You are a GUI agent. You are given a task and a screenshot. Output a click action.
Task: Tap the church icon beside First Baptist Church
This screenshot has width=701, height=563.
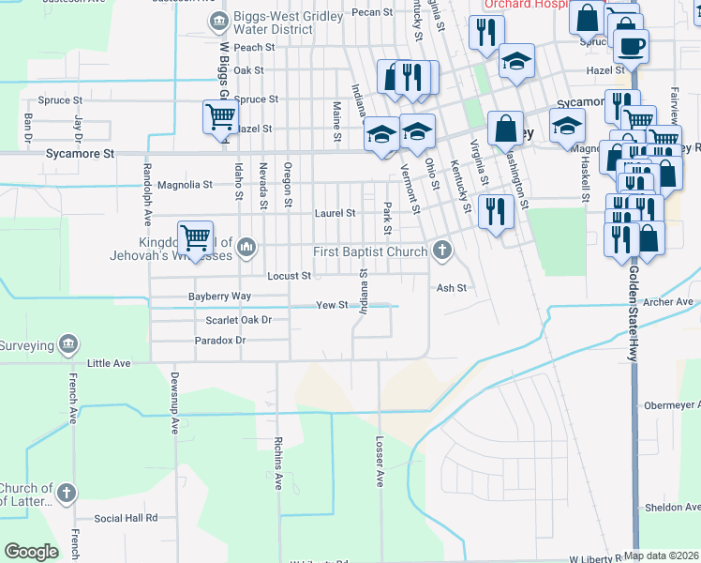pyautogui.click(x=441, y=250)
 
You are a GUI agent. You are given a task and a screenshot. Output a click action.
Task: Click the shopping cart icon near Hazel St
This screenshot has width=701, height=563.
pyautogui.click(x=219, y=118)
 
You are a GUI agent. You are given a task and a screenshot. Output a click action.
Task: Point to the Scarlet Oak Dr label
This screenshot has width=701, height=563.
pyautogui.click(x=238, y=320)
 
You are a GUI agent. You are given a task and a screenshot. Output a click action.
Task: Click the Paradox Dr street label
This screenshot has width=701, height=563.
pyautogui.click(x=219, y=340)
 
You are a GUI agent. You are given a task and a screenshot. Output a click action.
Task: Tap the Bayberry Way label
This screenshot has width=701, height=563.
pyautogui.click(x=219, y=296)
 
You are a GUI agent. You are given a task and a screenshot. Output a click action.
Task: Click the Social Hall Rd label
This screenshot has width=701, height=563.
pyautogui.click(x=126, y=517)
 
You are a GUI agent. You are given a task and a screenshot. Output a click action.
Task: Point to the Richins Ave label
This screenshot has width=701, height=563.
pyautogui.click(x=278, y=464)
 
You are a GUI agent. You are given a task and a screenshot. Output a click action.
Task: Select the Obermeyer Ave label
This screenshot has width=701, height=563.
pyautogui.click(x=672, y=406)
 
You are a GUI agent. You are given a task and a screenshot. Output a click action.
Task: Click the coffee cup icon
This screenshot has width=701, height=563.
pyautogui.click(x=631, y=44)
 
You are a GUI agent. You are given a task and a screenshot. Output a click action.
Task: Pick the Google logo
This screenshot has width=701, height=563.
pyautogui.click(x=31, y=552)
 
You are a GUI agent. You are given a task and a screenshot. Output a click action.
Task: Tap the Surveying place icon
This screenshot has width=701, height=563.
pyautogui.click(x=67, y=345)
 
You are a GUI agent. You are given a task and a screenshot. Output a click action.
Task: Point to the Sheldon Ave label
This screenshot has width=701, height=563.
pyautogui.click(x=672, y=507)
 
